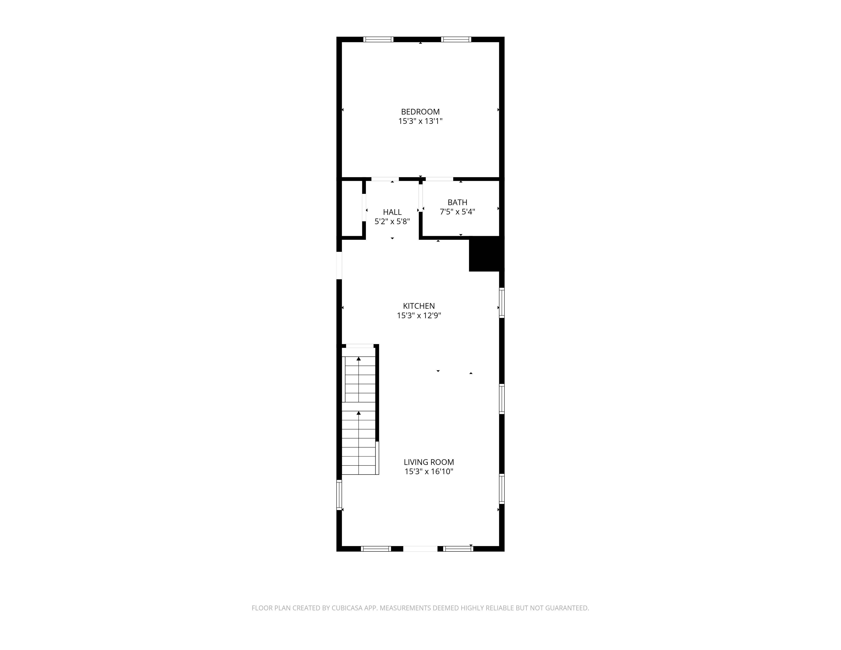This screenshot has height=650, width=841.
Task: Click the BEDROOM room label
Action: (420, 112)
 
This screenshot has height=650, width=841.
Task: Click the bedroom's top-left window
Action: (378, 39)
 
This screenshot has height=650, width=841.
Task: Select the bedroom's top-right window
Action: (456, 39)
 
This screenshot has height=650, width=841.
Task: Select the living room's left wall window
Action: (339, 495)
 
